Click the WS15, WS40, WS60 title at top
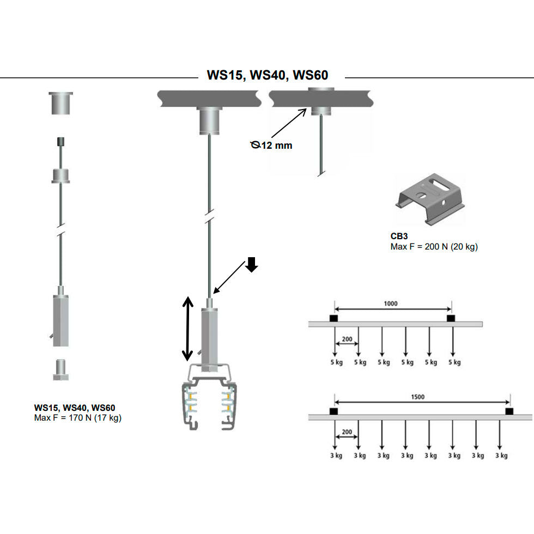click(267, 75)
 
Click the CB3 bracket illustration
click(430, 198)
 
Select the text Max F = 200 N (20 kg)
click(434, 247)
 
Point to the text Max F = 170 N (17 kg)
click(77, 418)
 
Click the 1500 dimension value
click(418, 397)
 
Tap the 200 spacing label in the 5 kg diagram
click(346, 339)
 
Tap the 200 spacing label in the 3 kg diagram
click(346, 432)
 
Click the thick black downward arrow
click(251, 264)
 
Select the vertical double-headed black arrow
click(187, 329)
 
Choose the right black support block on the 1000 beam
click(451, 318)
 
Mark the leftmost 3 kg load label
click(336, 456)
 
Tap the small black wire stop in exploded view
click(60, 142)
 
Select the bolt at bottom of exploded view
click(60, 369)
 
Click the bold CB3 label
click(399, 237)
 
